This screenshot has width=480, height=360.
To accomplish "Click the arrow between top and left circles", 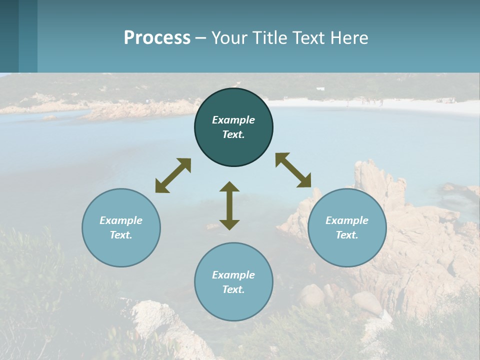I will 173,175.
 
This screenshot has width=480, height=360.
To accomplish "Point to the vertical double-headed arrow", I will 229,205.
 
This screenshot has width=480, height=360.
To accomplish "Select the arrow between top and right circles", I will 293,170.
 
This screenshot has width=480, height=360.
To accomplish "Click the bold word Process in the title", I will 157,37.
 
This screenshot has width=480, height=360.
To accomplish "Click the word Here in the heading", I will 348,37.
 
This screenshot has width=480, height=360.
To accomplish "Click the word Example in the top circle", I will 233,120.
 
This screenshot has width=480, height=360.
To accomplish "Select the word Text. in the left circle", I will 121,235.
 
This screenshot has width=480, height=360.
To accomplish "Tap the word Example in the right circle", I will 347,220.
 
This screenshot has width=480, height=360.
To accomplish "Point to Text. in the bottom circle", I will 233,289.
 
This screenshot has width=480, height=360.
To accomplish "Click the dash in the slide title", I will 200,38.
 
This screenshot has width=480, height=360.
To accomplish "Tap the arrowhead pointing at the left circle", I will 161,186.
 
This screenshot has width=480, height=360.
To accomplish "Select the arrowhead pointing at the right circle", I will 304,181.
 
